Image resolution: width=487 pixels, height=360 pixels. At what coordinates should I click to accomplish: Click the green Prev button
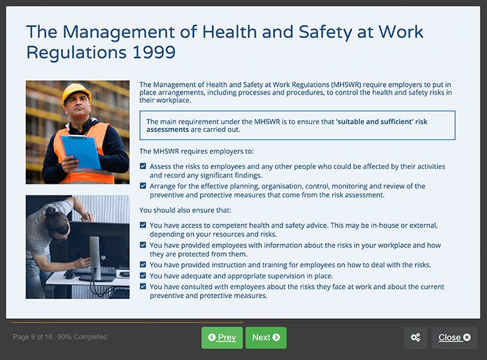[222, 337]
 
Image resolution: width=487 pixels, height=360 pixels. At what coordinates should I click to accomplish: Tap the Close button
[454, 337]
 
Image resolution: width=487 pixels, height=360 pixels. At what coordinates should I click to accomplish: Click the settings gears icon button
[415, 337]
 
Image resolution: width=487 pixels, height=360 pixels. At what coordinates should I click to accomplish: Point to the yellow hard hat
[76, 93]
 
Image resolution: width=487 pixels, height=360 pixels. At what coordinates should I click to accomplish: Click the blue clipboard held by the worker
[81, 150]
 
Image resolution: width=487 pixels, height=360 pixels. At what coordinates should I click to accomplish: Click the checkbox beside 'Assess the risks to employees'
[143, 166]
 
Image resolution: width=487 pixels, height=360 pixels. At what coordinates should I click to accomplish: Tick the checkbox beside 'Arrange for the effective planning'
[143, 186]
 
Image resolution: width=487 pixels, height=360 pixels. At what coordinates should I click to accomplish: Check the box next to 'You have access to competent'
[143, 226]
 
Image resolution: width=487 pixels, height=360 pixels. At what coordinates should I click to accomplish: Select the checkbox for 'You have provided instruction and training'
[143, 265]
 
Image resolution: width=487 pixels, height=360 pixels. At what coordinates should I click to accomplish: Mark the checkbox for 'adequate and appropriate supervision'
[143, 276]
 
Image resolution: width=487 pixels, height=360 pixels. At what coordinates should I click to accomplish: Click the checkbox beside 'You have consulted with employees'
[143, 287]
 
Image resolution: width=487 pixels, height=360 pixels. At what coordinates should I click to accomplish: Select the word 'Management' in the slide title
[120, 32]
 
